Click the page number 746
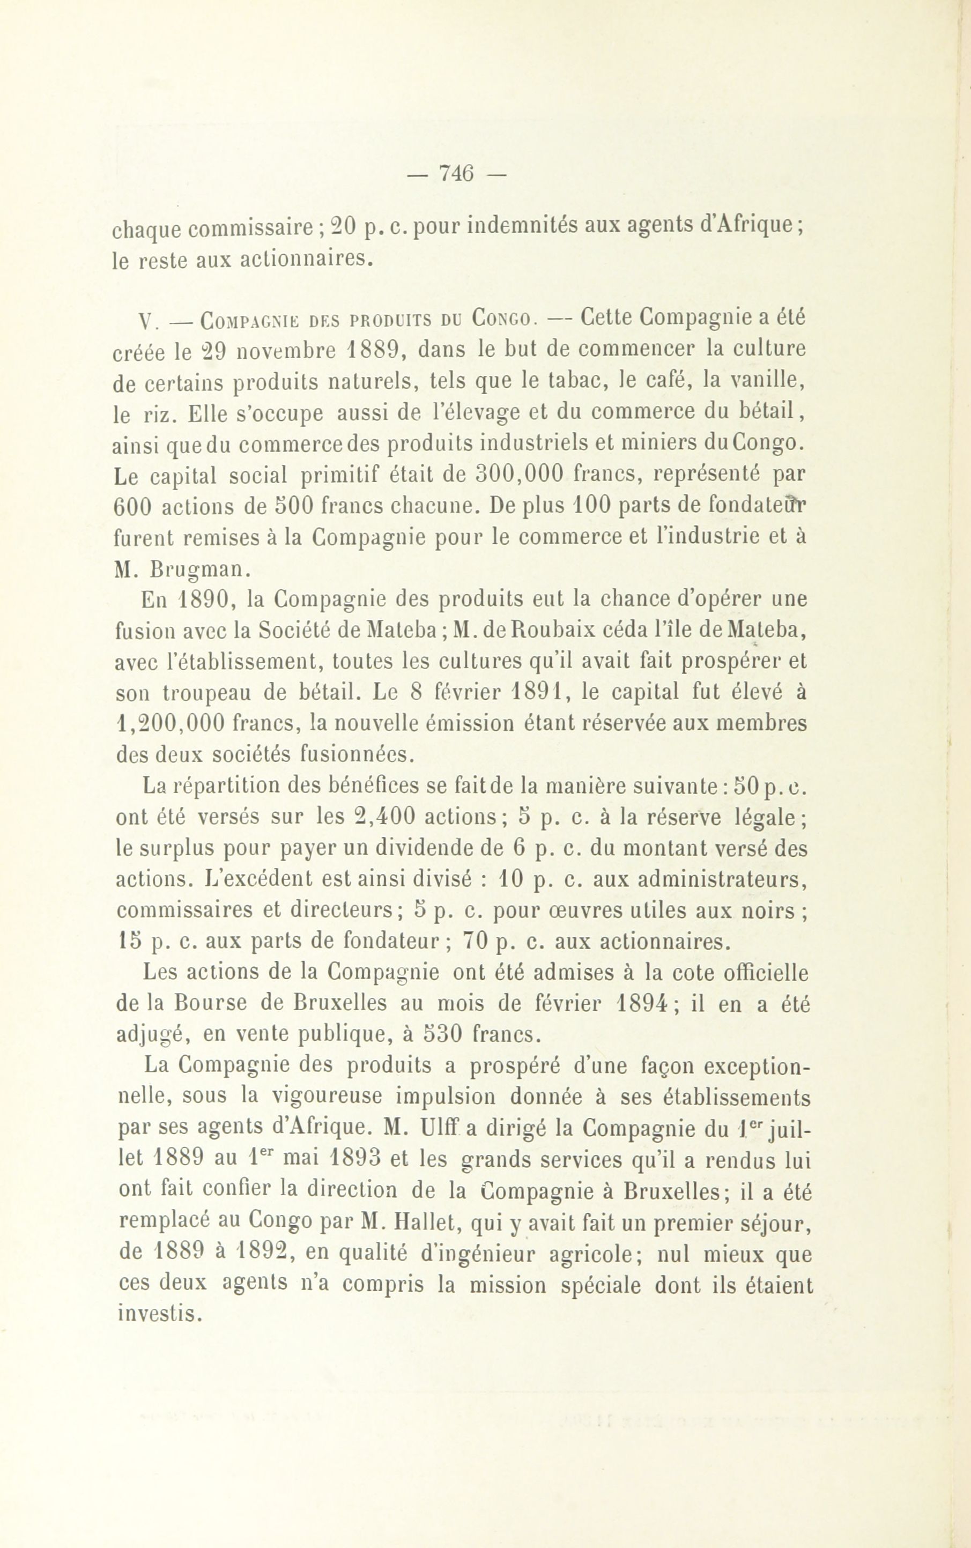click(x=456, y=173)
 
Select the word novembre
click(x=283, y=351)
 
